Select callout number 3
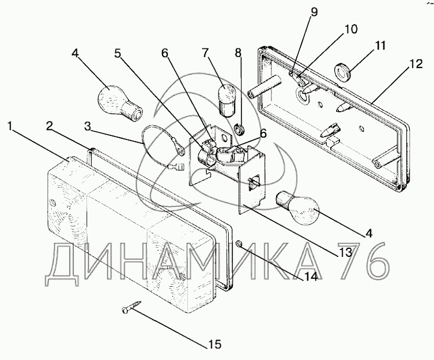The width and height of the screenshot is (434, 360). click(88, 126)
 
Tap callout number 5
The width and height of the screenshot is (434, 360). click(118, 53)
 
